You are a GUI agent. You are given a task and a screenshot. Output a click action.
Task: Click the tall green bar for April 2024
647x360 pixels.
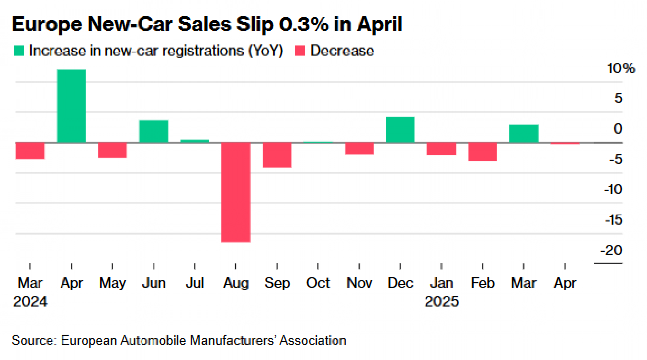coord(71,106)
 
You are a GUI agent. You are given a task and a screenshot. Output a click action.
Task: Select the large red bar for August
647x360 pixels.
coord(236,192)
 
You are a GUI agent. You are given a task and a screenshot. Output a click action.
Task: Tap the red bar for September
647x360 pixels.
coord(277,155)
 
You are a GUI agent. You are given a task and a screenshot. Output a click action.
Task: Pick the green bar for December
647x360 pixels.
coord(400,130)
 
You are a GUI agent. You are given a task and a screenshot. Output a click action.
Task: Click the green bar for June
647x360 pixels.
coord(153,131)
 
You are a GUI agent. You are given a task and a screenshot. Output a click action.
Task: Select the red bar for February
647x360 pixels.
coord(482,151)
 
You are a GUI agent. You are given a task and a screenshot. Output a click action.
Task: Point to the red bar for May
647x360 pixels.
coord(112,150)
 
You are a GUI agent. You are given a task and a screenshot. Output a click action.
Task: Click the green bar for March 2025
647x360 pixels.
coord(524,134)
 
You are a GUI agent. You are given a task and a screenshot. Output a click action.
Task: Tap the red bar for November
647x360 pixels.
coord(359,148)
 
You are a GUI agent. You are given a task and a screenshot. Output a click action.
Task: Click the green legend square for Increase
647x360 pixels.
coord(19,51)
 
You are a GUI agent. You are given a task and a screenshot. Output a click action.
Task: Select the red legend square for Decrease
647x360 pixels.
coord(300,51)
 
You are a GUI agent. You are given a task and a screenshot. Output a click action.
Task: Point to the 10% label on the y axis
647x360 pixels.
coord(621,68)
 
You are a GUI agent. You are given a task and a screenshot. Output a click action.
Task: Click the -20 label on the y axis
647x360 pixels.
coord(611,250)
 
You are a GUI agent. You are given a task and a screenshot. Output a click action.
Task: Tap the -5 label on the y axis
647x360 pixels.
coord(616,159)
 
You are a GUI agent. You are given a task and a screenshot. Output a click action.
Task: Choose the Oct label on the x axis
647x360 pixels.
coord(318,283)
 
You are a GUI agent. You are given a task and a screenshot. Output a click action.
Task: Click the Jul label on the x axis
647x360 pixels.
coord(195,283)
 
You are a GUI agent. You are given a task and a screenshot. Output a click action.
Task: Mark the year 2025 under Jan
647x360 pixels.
coord(441,302)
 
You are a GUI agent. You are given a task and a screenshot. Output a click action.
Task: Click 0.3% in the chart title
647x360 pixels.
coord(304,24)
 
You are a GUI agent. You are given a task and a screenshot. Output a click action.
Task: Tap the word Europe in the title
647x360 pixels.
coord(47,24)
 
